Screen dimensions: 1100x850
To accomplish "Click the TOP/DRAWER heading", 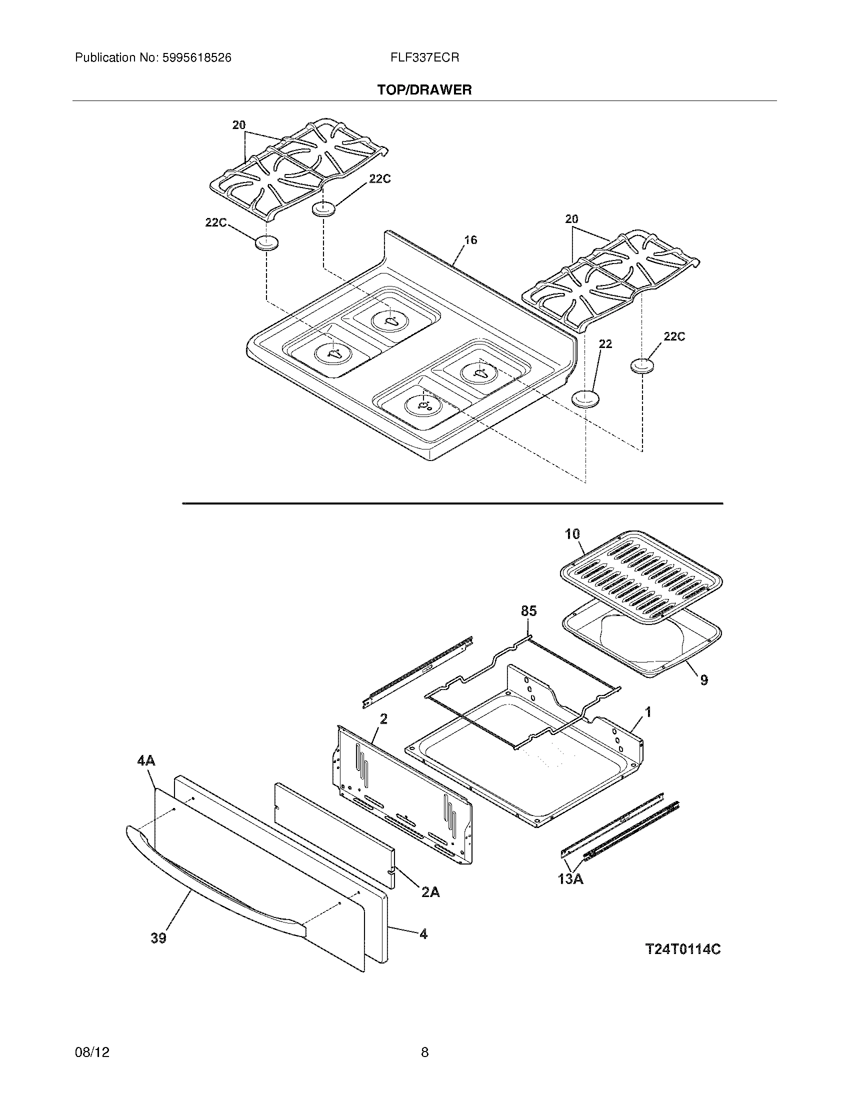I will (424, 90).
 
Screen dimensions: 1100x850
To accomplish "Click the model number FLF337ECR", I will (424, 58).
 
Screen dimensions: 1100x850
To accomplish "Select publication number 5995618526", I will (196, 58).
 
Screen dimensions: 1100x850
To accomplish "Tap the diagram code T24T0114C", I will (683, 949).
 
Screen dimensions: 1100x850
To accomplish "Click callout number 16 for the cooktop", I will (470, 240).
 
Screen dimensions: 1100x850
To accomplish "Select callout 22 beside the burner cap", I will (605, 343).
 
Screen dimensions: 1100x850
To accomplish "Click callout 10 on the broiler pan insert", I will (572, 534).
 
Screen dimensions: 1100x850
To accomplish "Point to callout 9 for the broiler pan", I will (703, 680).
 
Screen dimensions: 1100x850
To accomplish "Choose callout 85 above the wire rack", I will (528, 611).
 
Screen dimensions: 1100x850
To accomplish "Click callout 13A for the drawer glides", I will (570, 879).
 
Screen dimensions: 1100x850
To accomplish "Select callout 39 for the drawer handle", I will (158, 938).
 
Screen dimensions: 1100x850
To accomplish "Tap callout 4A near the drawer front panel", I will (146, 760).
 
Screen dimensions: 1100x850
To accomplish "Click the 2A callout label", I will (430, 892).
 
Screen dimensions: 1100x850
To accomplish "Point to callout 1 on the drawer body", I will (648, 711).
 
